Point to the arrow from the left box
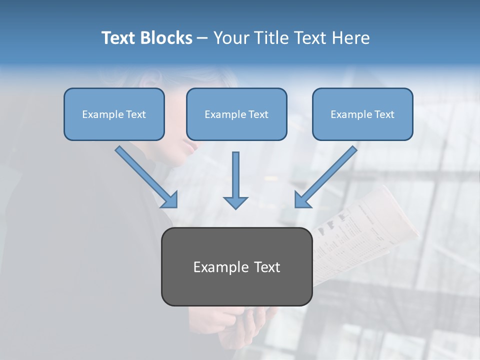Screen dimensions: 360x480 tap(145, 176)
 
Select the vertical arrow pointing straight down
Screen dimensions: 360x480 tap(235, 180)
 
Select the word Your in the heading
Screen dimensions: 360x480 tap(231, 38)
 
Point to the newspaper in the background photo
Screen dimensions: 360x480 tap(367, 230)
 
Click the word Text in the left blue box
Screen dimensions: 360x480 tap(135, 114)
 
